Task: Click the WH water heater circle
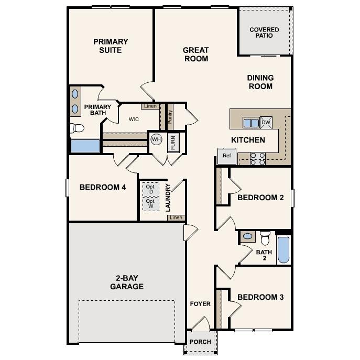(156, 139)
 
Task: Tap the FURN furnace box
(173, 143)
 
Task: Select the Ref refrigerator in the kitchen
(227, 156)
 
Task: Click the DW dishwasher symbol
(266, 123)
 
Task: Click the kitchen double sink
(250, 123)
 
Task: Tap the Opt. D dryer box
(150, 189)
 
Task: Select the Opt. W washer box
(150, 203)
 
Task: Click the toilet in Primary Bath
(78, 127)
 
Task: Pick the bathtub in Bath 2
(283, 250)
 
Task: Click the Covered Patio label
(264, 32)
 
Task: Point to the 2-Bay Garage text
(126, 282)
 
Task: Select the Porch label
(200, 342)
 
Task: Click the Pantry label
(170, 116)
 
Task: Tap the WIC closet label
(134, 119)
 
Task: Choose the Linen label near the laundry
(176, 217)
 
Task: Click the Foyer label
(200, 304)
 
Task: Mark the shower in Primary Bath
(85, 145)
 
